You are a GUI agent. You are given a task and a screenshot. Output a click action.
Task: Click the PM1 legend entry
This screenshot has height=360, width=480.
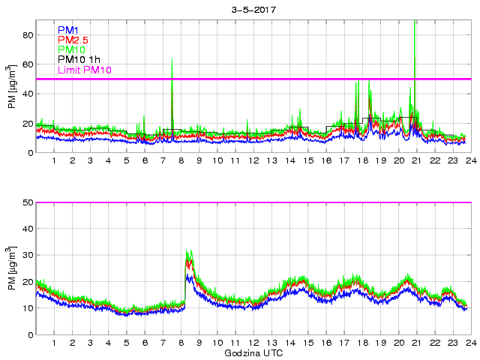(67, 30)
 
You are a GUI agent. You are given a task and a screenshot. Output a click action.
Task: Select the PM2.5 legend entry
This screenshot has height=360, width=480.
(73, 40)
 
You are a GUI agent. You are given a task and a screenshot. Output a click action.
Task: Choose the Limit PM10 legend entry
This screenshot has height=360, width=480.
(84, 70)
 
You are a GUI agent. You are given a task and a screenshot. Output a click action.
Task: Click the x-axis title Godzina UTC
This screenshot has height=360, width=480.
(253, 352)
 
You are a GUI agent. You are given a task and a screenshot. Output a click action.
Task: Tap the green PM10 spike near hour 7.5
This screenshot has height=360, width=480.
(172, 60)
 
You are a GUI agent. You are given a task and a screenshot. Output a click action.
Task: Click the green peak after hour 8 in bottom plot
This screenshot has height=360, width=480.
(188, 252)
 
